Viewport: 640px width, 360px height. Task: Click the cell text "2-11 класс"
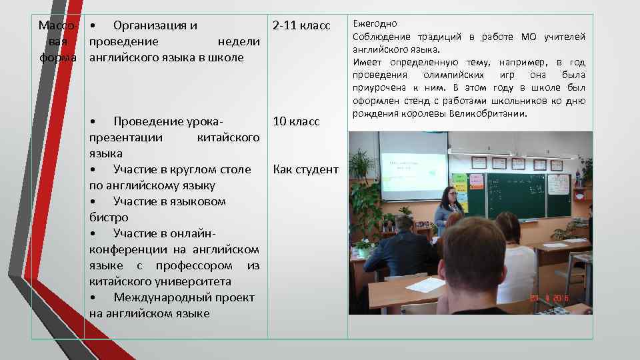[x=301, y=26]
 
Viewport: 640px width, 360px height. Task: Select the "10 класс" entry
[x=296, y=121]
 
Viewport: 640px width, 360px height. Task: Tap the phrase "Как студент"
[x=305, y=169]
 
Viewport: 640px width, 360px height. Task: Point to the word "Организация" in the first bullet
[x=155, y=26]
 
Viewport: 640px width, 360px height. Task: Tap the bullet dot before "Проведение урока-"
[x=94, y=121]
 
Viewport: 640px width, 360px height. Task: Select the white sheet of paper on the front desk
[x=425, y=285]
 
